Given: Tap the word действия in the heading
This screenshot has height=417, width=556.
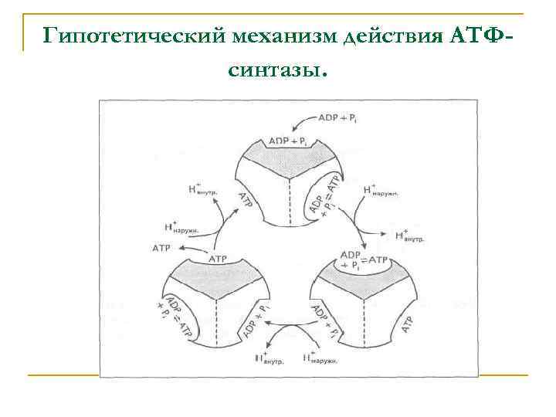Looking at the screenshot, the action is click(392, 36).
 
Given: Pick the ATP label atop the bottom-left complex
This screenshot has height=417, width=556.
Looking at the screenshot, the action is click(220, 259).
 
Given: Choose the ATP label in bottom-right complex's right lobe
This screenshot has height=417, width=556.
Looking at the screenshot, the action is click(411, 325).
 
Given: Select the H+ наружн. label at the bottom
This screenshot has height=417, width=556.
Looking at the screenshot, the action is click(320, 358).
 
